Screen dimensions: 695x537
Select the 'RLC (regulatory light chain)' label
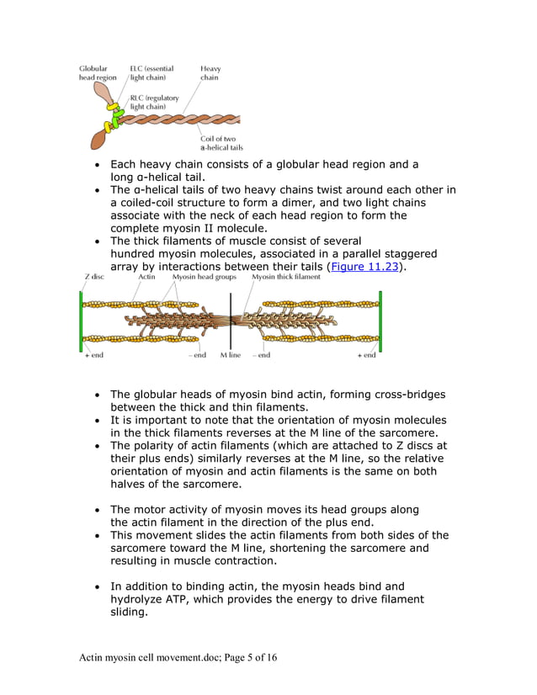[x=154, y=103]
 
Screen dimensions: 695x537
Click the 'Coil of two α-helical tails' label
[x=221, y=143]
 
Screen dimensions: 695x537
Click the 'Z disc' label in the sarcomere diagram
[x=93, y=277]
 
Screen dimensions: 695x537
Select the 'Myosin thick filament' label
[x=286, y=277]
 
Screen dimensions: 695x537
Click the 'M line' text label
[x=231, y=355]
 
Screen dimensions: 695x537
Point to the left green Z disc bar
[x=82, y=321]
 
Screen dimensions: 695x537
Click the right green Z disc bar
[x=380, y=321]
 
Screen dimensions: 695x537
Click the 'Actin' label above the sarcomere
[x=146, y=277]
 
